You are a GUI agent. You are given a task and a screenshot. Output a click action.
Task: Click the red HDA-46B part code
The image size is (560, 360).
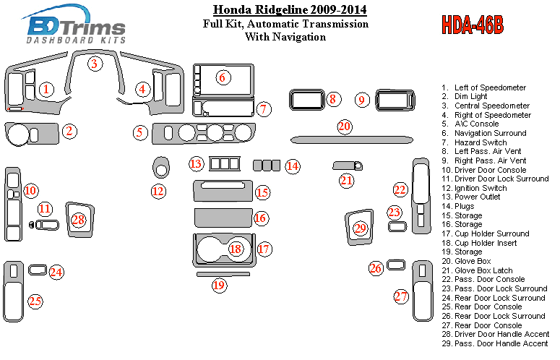click(473, 25)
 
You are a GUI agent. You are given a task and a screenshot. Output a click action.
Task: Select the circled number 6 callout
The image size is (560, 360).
click(223, 77)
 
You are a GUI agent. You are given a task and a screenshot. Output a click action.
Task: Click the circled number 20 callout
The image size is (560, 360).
click(345, 127)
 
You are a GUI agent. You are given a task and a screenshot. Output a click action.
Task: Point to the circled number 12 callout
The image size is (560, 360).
click(158, 192)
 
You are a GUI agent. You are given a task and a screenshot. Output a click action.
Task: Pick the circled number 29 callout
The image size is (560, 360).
click(360, 228)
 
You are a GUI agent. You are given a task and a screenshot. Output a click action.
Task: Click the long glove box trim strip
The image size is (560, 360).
click(352, 140)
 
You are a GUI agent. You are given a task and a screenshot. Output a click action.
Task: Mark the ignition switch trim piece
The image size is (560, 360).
click(161, 167)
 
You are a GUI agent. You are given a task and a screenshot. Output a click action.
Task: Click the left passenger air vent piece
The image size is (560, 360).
click(307, 100)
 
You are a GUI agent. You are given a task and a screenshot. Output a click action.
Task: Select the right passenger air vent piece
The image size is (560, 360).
click(395, 100)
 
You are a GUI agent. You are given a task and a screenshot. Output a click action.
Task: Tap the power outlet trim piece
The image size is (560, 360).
click(225, 164)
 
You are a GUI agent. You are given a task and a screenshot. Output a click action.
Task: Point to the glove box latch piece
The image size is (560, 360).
click(348, 166)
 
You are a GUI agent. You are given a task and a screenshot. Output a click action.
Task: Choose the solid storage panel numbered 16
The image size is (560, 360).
click(223, 218)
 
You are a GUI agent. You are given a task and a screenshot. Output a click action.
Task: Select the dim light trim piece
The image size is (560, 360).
click(32, 134)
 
